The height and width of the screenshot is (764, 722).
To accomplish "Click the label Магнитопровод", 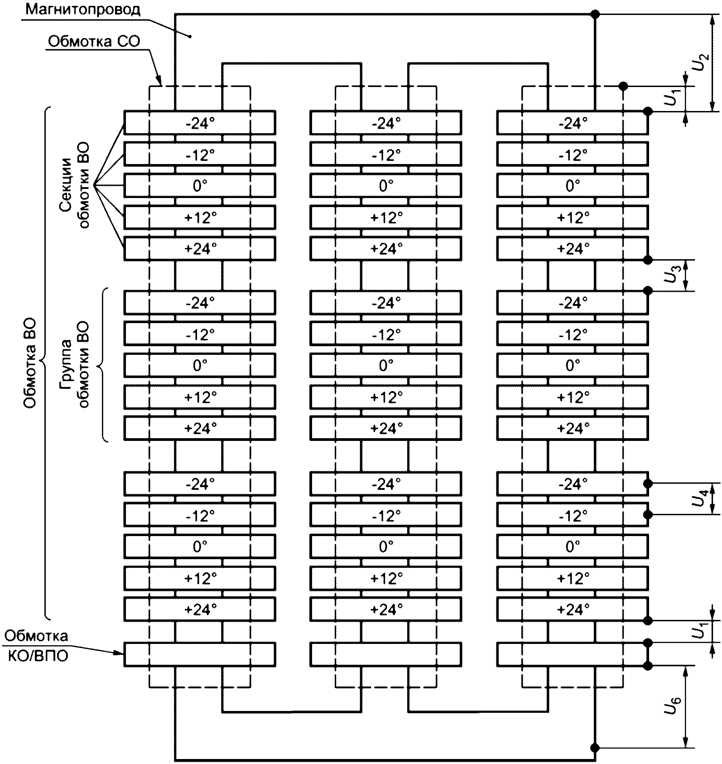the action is click(83, 10).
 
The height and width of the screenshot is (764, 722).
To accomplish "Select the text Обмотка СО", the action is click(94, 42).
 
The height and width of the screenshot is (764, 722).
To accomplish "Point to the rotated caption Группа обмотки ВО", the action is click(75, 365).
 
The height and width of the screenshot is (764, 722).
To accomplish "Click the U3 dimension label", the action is click(672, 275).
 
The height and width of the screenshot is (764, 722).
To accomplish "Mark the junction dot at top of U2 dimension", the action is click(596, 15).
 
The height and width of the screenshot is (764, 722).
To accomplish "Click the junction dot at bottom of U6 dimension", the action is click(596, 748).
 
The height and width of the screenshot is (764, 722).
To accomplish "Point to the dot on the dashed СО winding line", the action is click(623, 86).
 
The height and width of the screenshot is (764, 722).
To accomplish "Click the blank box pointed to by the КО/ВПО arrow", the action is click(200, 654).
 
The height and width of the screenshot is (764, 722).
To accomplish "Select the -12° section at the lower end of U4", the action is click(573, 515).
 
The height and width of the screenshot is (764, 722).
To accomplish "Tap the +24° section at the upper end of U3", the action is click(573, 248).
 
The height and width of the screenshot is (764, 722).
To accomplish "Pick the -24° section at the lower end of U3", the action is click(573, 302).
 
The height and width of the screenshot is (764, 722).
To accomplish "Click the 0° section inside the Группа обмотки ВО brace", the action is click(200, 365).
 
